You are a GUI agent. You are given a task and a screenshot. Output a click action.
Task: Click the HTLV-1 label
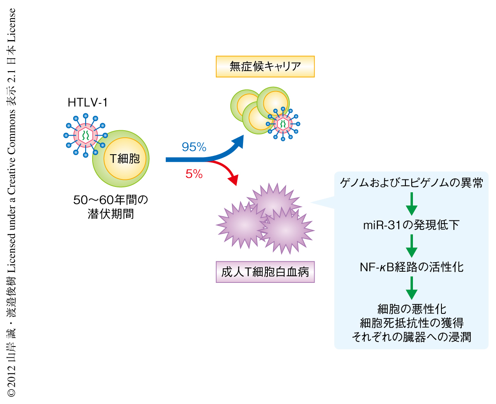[88, 103]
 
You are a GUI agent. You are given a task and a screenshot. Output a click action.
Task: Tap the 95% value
[194, 147]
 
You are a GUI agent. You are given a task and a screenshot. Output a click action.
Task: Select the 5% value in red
[194, 175]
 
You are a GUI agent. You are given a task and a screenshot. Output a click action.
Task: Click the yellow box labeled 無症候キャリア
[265, 67]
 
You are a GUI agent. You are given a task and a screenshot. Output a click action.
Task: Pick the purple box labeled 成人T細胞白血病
[265, 273]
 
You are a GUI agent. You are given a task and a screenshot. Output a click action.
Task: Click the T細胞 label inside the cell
[124, 159]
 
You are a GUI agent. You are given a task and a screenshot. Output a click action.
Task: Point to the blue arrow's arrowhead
[238, 143]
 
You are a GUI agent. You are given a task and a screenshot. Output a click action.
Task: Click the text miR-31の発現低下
[411, 225]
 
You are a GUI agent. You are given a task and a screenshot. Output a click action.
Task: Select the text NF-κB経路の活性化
[411, 268]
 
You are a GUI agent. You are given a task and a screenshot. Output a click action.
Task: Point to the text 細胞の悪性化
[411, 308]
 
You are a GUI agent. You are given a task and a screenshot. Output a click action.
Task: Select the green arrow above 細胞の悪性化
[411, 288]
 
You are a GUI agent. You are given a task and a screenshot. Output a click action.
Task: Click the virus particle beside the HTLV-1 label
[86, 135]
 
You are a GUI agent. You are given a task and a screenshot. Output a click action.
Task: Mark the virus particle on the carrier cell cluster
[283, 123]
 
